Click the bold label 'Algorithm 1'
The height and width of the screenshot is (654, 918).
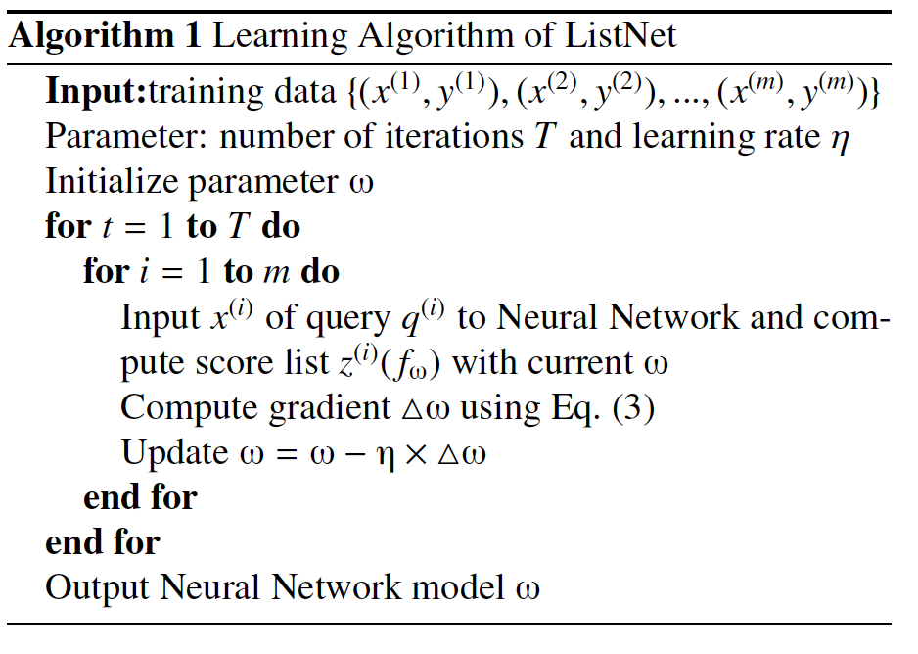tap(106, 37)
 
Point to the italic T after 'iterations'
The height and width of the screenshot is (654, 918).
tap(543, 137)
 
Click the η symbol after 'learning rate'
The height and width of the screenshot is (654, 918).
tap(838, 138)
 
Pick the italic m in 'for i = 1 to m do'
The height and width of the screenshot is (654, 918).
tap(275, 272)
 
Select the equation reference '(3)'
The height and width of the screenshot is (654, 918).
tap(632, 407)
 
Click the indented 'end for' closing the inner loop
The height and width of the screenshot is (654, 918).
tap(140, 497)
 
